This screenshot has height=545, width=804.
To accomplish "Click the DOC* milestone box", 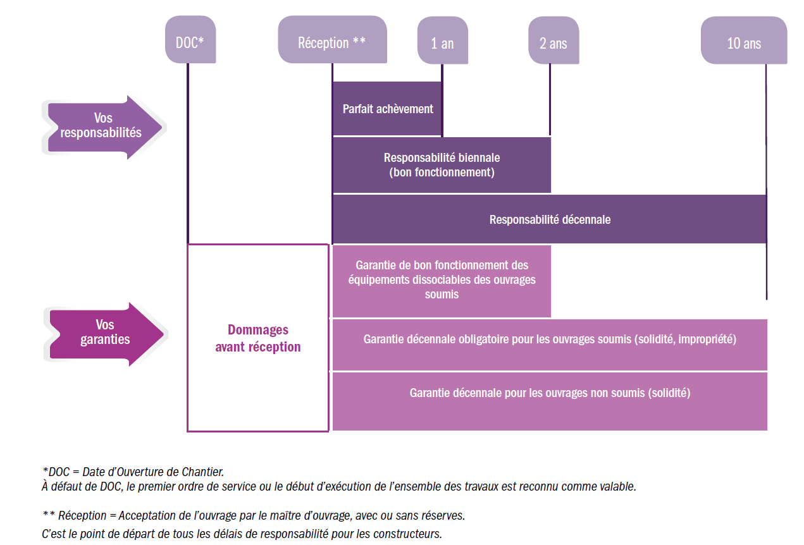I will (189, 41).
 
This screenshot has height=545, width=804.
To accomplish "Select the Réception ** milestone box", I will (332, 41).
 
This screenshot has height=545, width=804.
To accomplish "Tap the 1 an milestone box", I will (442, 42).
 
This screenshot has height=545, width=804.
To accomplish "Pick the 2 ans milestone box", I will (553, 42).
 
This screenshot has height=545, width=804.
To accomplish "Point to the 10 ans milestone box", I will (743, 42).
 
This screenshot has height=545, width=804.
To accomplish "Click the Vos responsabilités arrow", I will (101, 126).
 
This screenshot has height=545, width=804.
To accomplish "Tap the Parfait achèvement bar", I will (387, 109).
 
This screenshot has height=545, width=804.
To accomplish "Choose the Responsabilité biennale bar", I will (442, 165).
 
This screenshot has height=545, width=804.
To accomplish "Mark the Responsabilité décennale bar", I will (549, 219).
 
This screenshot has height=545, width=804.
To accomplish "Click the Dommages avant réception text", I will (257, 338).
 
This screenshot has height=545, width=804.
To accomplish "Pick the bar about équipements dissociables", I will (442, 280).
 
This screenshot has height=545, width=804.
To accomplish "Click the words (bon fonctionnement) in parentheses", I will (442, 172).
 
